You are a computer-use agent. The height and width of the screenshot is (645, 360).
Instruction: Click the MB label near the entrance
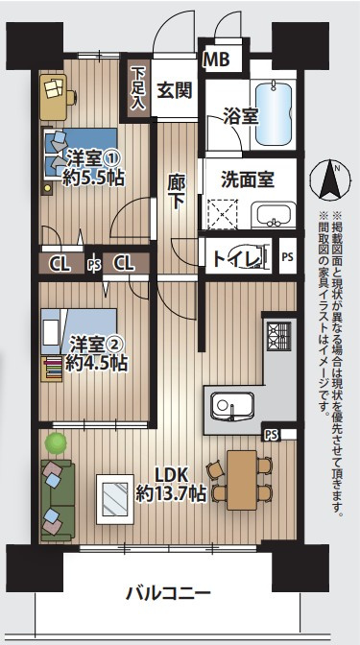point(216,60)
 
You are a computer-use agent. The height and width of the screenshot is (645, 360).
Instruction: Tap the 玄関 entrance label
point(174,91)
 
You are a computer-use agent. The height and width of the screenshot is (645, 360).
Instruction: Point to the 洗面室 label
point(248,178)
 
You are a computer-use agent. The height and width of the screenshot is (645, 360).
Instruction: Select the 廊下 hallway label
point(176,190)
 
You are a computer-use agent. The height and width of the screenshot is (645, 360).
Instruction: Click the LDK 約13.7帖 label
point(171,483)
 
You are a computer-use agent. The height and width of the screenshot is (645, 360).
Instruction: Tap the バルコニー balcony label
point(168,594)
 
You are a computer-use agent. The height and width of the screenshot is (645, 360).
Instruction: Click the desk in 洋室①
point(58,94)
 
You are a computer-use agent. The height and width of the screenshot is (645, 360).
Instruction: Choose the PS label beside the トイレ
point(288,256)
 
